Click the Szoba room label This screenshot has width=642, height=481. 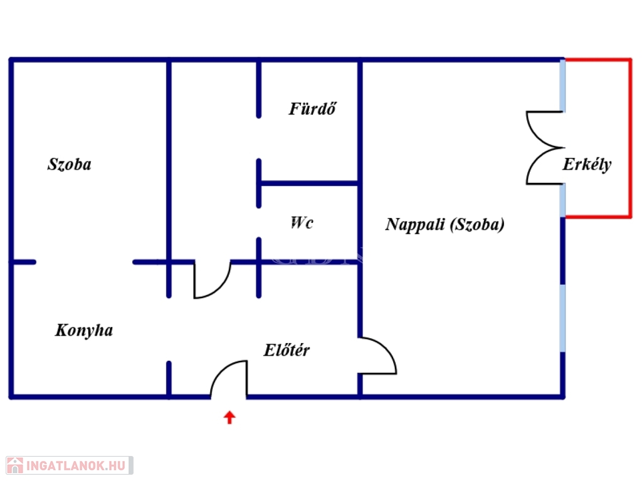click(x=70, y=165)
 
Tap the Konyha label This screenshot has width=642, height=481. click(x=84, y=331)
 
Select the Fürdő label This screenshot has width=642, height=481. click(x=312, y=109)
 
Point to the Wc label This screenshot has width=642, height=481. click(x=302, y=223)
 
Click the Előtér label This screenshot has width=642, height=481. click(x=287, y=350)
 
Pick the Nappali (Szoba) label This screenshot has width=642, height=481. click(x=445, y=225)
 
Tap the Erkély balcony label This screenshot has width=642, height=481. click(x=587, y=165)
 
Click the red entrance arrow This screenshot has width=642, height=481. click(x=229, y=418)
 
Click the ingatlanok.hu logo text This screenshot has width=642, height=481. click(x=76, y=466)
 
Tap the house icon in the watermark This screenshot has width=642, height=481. click(x=15, y=466)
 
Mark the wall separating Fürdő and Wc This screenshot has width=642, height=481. click(x=309, y=184)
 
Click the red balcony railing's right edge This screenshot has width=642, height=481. click(x=629, y=138)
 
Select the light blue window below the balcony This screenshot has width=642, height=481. click(x=563, y=318)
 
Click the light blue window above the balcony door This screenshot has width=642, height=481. click(x=563, y=85)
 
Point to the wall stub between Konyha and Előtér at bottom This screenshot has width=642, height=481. click(x=169, y=378)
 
